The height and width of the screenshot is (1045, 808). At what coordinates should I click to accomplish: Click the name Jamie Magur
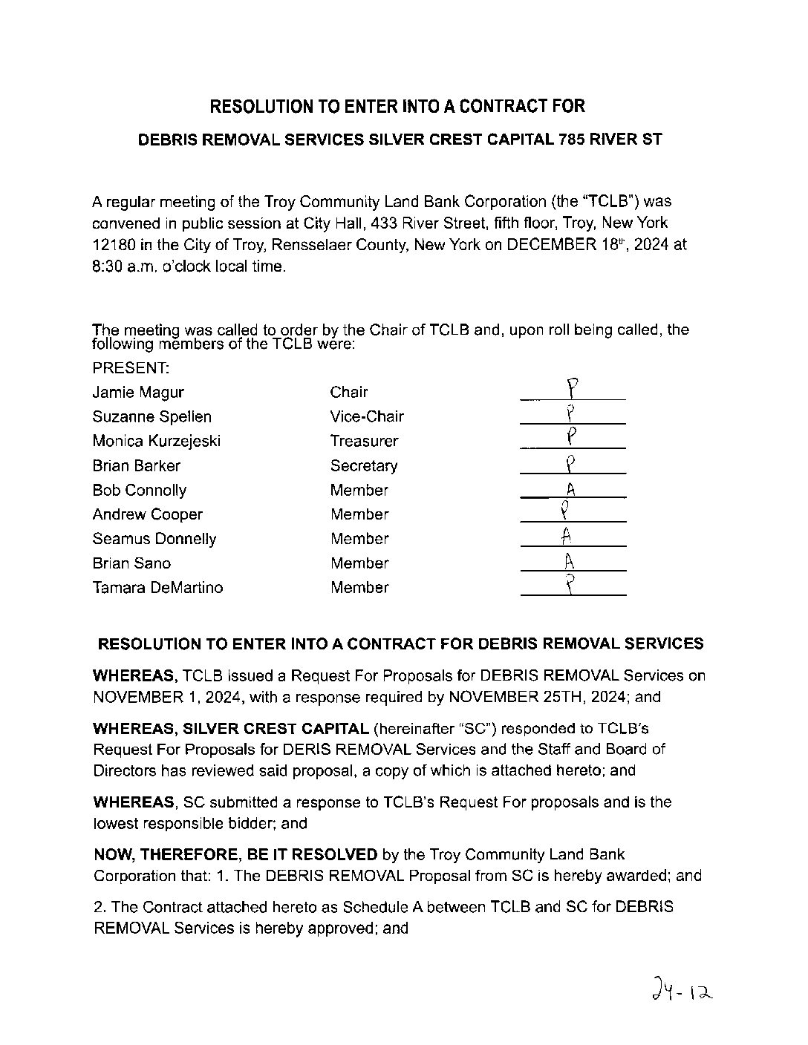pyautogui.click(x=138, y=392)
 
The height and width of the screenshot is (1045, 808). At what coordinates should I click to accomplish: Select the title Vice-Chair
pyautogui.click(x=367, y=416)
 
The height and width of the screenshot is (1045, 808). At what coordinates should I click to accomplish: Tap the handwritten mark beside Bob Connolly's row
pyautogui.click(x=571, y=489)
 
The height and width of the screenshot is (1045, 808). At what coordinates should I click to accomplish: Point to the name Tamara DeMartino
pyautogui.click(x=157, y=587)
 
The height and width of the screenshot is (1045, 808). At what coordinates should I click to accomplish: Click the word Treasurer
pyautogui.click(x=364, y=441)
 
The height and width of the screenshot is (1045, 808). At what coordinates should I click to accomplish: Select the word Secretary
pyautogui.click(x=364, y=465)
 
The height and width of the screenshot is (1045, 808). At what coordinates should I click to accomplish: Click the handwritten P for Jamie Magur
pyautogui.click(x=572, y=388)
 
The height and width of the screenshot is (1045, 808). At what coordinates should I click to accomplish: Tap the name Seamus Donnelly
pyautogui.click(x=154, y=539)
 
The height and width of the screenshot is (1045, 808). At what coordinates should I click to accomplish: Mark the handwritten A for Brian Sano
pyautogui.click(x=570, y=562)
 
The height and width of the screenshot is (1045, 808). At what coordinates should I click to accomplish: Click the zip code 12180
pyautogui.click(x=112, y=244)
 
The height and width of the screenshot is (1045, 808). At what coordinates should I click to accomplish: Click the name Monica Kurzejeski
pyautogui.click(x=157, y=441)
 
